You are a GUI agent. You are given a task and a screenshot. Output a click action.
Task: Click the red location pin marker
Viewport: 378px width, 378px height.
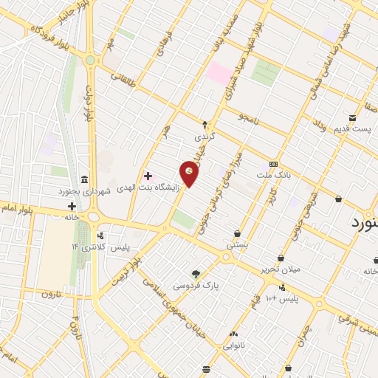coord(190,174)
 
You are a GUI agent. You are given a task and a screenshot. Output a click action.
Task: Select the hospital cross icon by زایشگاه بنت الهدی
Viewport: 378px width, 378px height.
coord(148,176)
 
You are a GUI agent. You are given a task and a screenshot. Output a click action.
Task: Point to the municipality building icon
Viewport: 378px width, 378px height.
coord(83,179)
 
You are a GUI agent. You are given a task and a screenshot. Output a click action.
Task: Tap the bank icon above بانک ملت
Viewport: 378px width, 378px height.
coord(273,163)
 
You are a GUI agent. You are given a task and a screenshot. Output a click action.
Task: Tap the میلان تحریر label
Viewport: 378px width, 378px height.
coord(281,269)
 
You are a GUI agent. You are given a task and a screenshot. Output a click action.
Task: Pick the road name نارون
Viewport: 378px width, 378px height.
coord(49,294)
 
